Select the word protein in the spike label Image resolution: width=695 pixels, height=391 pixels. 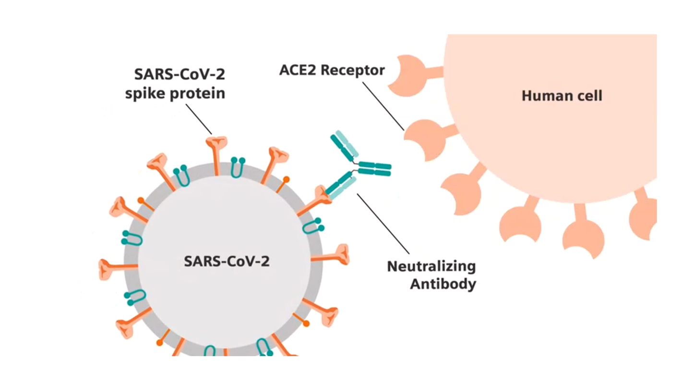(199, 94)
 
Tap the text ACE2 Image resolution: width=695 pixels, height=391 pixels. (298, 70)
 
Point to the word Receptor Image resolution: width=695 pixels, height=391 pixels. (353, 70)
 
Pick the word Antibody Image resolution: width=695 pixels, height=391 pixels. (443, 284)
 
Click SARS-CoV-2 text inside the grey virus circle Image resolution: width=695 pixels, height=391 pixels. (227, 262)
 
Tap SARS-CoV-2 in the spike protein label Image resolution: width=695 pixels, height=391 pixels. (180, 75)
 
